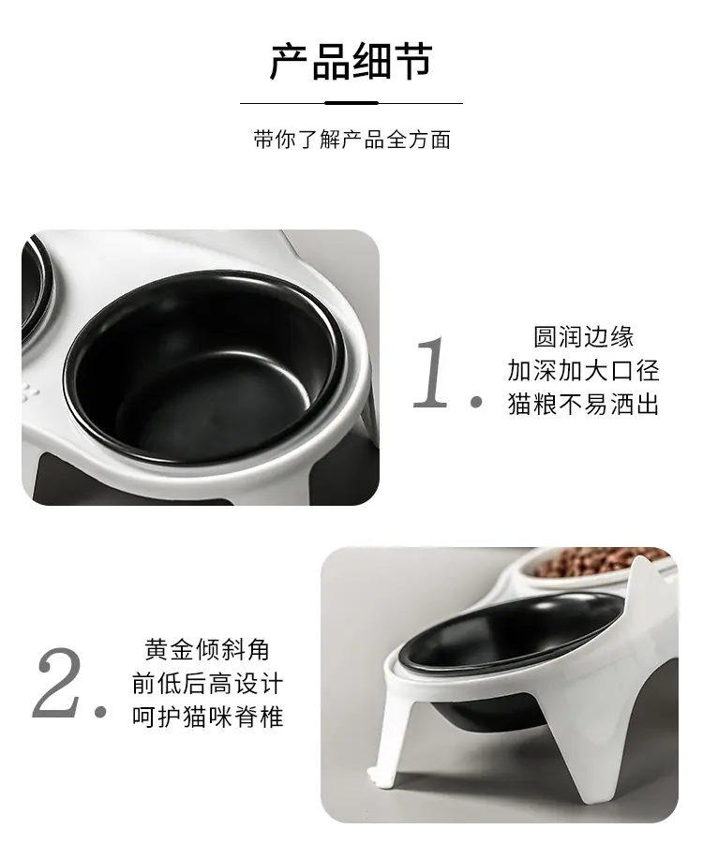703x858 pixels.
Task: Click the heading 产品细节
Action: (x=351, y=61)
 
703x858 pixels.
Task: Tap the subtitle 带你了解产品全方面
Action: (x=352, y=140)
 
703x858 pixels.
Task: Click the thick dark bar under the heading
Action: (x=351, y=103)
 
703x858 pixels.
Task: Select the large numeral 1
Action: (x=431, y=372)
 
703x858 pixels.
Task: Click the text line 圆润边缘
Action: (x=584, y=337)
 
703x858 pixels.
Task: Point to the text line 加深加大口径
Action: (x=584, y=370)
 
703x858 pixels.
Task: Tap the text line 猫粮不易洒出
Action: (x=584, y=405)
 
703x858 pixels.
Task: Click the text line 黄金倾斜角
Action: (x=207, y=649)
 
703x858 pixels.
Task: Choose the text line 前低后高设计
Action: (x=207, y=684)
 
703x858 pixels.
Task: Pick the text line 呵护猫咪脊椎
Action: (x=207, y=717)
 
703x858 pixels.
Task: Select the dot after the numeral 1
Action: (x=476, y=402)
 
